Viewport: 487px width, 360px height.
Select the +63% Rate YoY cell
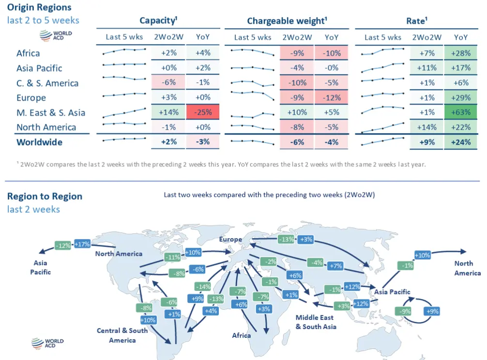[x=461, y=113]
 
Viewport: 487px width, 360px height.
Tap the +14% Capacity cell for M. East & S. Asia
[x=168, y=113]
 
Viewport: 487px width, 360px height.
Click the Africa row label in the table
[x=28, y=53]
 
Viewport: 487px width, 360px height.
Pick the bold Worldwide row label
[x=39, y=142]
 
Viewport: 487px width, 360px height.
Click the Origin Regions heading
[x=39, y=7]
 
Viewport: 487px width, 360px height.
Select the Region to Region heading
[x=45, y=196]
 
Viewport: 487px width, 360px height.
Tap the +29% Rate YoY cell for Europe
[x=461, y=98]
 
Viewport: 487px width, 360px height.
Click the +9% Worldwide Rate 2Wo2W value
[x=426, y=142]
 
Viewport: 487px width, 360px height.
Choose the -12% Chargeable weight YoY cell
[x=332, y=98]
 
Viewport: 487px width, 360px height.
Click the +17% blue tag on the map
[x=82, y=244]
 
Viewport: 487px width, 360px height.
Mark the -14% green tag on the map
[x=202, y=286]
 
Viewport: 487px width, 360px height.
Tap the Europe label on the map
[x=230, y=240]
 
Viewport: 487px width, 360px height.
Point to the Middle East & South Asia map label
[x=316, y=322]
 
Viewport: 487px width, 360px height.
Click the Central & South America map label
[x=122, y=335]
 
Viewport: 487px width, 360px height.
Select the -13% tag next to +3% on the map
[x=287, y=239]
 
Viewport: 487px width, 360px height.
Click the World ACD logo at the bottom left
[x=47, y=344]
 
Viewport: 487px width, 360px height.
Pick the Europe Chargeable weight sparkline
[x=252, y=94]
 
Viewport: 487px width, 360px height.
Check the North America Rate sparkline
[x=382, y=127]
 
